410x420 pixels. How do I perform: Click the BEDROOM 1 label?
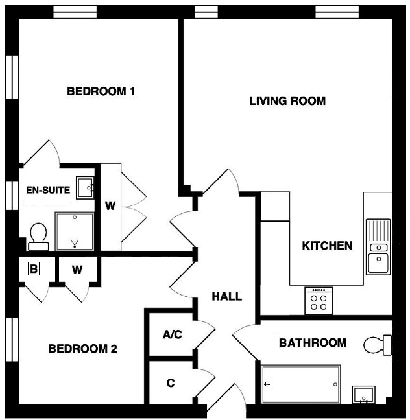(101, 91)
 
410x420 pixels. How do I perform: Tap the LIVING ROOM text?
(287, 101)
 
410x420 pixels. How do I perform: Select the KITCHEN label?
(327, 246)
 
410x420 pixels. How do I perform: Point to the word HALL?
(227, 297)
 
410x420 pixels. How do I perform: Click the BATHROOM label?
(313, 342)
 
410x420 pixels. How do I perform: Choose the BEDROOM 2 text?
(82, 349)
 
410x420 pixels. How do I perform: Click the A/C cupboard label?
(172, 335)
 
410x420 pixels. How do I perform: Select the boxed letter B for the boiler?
(34, 268)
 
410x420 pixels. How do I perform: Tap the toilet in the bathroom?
(378, 345)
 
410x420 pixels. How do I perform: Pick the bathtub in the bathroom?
(300, 383)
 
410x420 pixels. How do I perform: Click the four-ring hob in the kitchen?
(319, 300)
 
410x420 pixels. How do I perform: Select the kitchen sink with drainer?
(378, 246)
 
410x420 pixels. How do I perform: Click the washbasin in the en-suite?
(84, 188)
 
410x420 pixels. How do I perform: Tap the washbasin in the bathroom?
(363, 394)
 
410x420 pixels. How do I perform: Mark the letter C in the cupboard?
(171, 383)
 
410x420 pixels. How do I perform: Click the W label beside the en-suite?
(110, 207)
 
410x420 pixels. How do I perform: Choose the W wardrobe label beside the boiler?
(77, 270)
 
